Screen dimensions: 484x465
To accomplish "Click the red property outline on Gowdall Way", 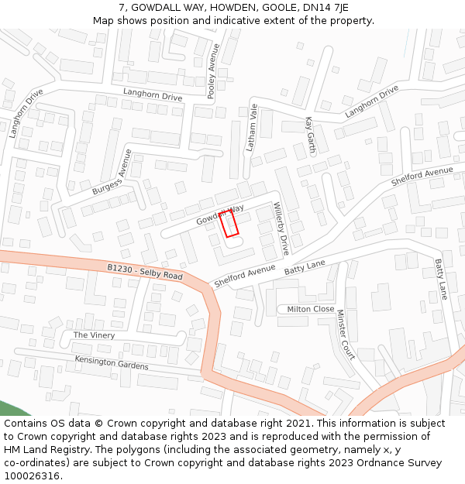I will click(229, 225).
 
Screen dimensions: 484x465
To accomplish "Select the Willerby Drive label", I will click(281, 228).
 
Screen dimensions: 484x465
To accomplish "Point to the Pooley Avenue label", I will click(213, 71).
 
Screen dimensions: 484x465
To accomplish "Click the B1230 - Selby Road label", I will click(145, 272).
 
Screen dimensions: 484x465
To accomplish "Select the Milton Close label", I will click(311, 309).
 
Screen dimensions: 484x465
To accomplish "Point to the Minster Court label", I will click(345, 335).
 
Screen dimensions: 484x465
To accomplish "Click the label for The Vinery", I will click(94, 335).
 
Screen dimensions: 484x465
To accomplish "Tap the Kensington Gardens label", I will click(111, 362).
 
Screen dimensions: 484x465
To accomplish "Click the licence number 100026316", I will click(32, 476).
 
